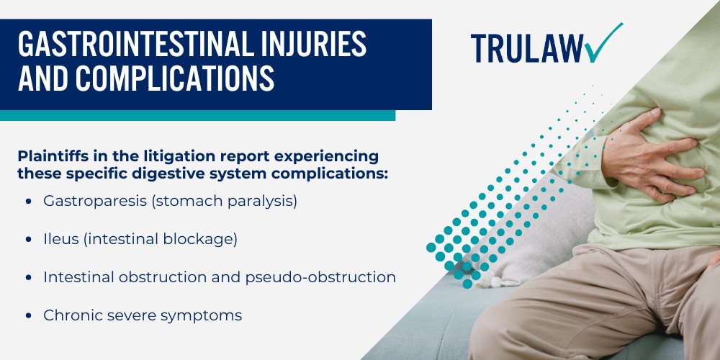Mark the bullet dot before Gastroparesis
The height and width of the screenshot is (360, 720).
point(28,202)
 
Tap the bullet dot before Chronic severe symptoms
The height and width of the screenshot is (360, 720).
point(28,315)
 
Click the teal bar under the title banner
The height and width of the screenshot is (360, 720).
point(197,115)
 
